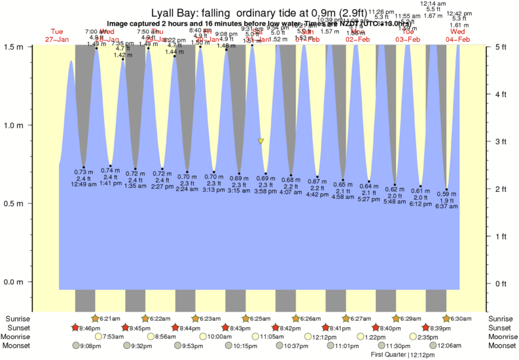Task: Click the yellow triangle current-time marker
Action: pyautogui.click(x=261, y=141)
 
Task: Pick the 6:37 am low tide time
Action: pyautogui.click(x=447, y=206)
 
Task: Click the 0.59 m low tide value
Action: pyautogui.click(x=447, y=194)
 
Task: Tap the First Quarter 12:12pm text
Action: pyautogui.click(x=403, y=354)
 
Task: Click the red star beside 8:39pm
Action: pyautogui.click(x=425, y=327)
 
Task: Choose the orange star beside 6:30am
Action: pyautogui.click(x=446, y=319)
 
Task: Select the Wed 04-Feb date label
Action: pyautogui.click(x=457, y=35)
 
